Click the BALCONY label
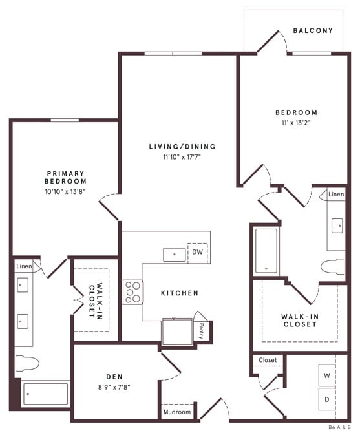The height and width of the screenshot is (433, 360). click(x=313, y=30)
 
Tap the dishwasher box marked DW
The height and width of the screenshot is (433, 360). click(x=196, y=253)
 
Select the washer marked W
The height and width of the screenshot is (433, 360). click(x=327, y=375)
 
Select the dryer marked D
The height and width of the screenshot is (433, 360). click(x=327, y=399)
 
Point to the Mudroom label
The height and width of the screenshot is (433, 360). click(x=177, y=412)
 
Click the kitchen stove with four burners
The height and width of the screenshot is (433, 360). click(x=133, y=291)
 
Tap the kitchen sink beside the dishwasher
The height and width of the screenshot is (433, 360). click(x=173, y=254)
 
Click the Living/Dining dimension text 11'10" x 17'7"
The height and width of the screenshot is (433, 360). click(x=182, y=156)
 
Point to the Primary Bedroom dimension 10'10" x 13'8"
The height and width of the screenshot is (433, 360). click(x=65, y=191)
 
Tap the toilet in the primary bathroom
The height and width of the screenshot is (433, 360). click(x=27, y=363)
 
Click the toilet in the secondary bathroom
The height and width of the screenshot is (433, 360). click(x=332, y=267)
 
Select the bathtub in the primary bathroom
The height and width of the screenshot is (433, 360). click(x=45, y=393)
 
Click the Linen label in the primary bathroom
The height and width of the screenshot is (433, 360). click(x=24, y=266)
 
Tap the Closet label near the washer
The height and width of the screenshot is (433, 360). click(x=268, y=360)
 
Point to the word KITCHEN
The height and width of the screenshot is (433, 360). click(x=180, y=293)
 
